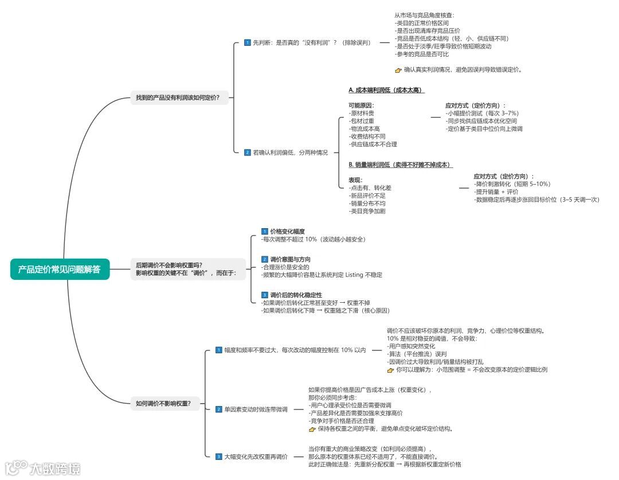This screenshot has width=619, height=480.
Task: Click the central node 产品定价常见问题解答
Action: [60, 269]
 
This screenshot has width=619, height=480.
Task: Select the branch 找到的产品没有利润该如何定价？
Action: [178, 97]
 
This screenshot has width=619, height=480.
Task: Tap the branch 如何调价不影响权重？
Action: [163, 403]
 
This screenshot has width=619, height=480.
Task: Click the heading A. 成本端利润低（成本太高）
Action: [386, 90]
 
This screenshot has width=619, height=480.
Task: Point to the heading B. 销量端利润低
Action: [400, 165]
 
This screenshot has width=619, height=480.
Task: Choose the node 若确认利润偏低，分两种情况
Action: [291, 153]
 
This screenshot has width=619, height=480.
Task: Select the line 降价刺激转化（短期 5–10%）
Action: [513, 184]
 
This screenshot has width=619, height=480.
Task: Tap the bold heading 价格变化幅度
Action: [288, 231]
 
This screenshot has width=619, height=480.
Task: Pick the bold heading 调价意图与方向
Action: [291, 259]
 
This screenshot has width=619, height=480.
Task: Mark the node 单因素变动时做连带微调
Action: [256, 409]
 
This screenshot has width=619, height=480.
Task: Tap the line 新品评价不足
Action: [367, 196]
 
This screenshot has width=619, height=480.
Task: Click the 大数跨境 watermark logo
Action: [43, 467]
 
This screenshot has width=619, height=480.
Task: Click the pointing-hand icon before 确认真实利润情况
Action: [399, 70]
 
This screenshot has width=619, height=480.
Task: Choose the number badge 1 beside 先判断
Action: [247, 42]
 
